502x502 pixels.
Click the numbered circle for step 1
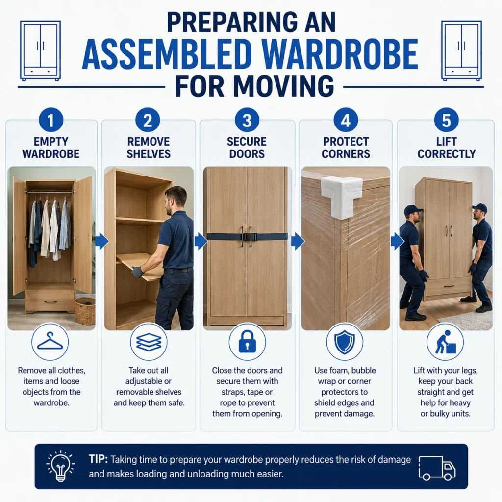(51, 120)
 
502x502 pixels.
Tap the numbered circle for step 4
(346, 120)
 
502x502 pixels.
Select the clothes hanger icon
(50, 341)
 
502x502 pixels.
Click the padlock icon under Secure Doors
(247, 342)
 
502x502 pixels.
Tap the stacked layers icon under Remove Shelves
(149, 342)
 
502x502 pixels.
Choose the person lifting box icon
(445, 342)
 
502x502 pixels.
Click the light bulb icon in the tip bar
(60, 466)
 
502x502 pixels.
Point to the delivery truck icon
(437, 468)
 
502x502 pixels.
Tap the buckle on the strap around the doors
(250, 237)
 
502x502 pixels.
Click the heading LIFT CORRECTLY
(446, 148)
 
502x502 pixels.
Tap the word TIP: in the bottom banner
(98, 459)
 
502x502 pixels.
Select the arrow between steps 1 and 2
(102, 241)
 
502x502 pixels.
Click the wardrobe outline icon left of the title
(40, 50)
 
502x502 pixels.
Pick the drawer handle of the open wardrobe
(50, 302)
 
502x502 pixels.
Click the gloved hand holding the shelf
(137, 272)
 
